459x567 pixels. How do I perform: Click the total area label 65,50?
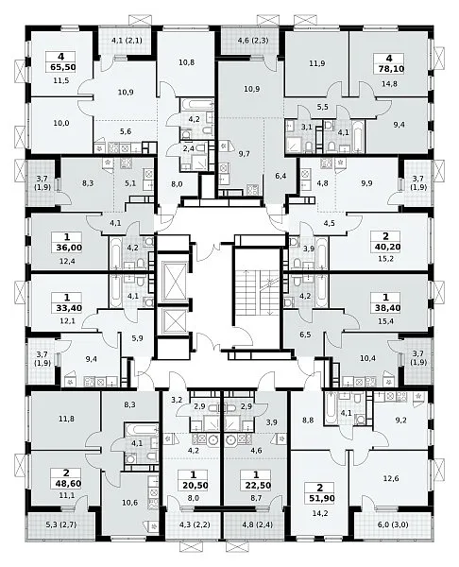(x=60, y=67)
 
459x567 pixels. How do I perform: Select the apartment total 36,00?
(x=67, y=248)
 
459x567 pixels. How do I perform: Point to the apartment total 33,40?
(x=67, y=308)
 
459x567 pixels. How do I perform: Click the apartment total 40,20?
(x=385, y=247)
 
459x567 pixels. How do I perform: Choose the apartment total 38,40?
(x=385, y=308)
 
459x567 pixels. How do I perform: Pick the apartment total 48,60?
(x=66, y=484)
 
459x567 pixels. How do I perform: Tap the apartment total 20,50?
(x=194, y=485)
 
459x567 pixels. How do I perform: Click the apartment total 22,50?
(x=256, y=485)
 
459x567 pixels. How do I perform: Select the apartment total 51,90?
(x=320, y=498)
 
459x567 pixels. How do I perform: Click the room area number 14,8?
(x=389, y=83)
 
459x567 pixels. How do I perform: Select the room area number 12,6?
(x=391, y=478)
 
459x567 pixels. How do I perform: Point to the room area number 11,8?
(x=66, y=419)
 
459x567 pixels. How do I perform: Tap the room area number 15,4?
(x=385, y=320)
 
